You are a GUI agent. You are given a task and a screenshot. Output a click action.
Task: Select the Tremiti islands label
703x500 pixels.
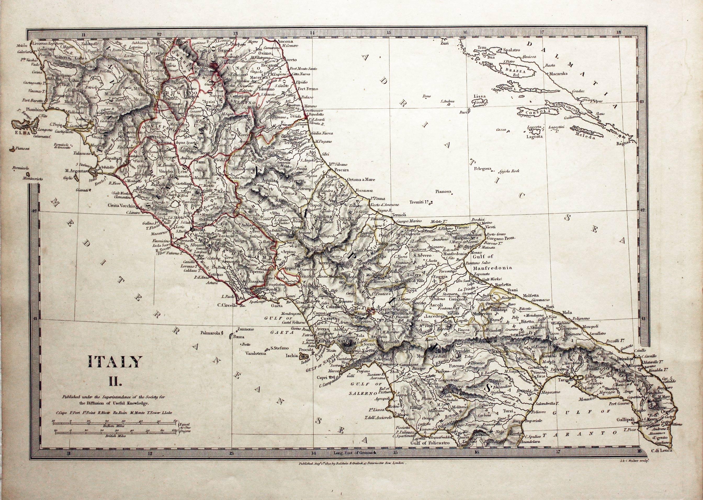[419, 202]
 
